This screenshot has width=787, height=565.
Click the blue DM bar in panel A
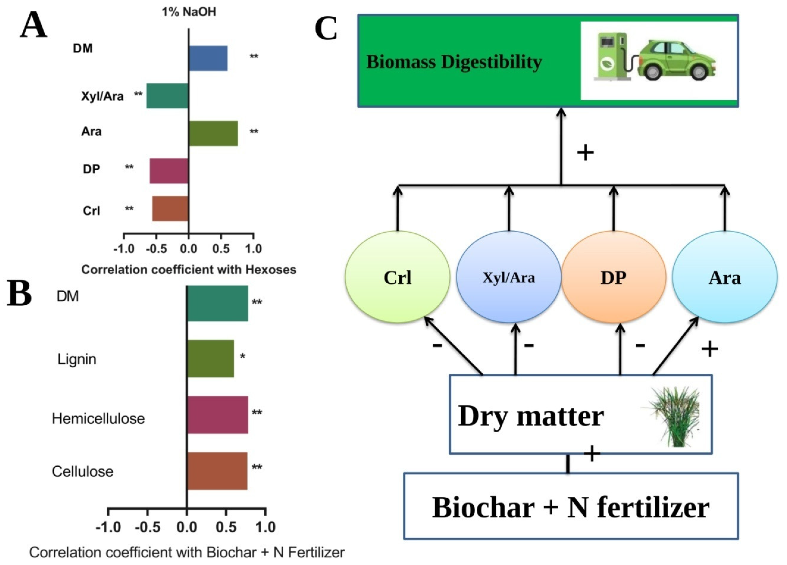click(208, 58)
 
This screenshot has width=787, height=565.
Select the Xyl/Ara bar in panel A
click(167, 96)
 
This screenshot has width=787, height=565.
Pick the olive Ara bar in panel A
click(213, 133)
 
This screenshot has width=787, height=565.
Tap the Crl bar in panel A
click(170, 209)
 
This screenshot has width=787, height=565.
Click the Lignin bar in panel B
click(210, 358)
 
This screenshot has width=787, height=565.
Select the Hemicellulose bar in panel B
click(217, 415)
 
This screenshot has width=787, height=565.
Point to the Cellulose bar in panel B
click(217, 471)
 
